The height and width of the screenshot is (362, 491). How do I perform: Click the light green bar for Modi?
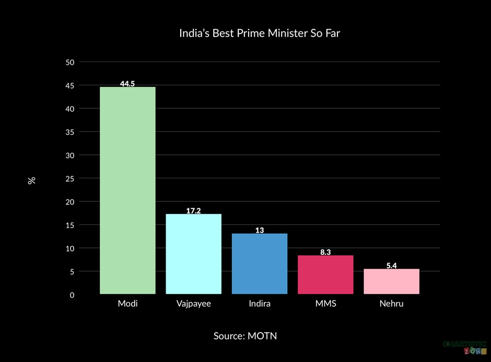(127, 190)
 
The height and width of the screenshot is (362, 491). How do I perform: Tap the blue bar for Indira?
(260, 264)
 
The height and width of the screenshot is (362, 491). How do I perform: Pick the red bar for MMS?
(325, 275)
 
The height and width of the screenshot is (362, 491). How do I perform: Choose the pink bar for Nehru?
(391, 281)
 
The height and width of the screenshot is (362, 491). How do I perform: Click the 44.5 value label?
(127, 84)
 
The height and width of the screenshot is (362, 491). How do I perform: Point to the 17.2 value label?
(193, 211)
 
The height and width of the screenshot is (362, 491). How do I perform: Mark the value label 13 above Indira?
(260, 230)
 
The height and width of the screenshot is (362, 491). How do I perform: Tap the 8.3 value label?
(325, 252)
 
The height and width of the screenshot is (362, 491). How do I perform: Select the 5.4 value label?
(391, 266)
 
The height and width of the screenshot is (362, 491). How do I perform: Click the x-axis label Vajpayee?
(193, 303)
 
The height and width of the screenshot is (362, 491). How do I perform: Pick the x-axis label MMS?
(325, 303)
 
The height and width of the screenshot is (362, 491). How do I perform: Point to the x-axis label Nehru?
(391, 303)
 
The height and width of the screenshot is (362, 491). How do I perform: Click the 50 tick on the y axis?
(69, 62)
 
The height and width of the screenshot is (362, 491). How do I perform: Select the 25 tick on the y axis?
(69, 178)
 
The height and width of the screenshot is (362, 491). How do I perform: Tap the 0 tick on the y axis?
(72, 295)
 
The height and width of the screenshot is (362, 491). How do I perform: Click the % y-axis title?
(32, 180)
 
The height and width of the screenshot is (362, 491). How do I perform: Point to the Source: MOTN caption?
(245, 336)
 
